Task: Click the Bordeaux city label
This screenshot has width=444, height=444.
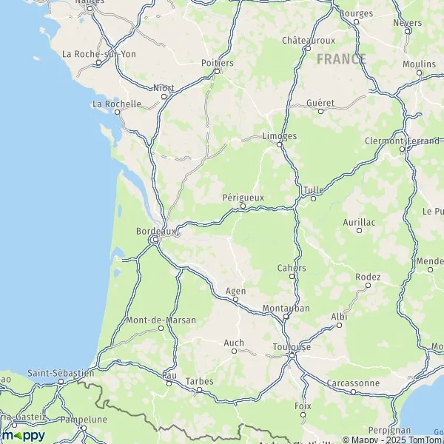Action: pos(157,231)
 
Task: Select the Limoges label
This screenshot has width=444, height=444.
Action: pos(280,136)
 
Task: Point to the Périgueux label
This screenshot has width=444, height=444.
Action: pos(243,197)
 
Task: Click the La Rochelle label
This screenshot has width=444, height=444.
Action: pos(117,104)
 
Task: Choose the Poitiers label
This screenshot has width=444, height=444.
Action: pos(218,63)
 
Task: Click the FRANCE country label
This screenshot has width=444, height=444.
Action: pos(341,59)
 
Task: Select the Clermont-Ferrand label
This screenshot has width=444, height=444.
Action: pos(402,141)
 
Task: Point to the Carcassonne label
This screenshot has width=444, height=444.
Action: pos(354,383)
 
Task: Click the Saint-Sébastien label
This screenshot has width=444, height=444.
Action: pos(61,373)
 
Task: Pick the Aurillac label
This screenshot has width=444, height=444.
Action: pos(359,221)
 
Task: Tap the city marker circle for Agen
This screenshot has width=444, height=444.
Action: pos(235,300)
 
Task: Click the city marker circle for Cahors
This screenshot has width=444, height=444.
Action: pos(292,276)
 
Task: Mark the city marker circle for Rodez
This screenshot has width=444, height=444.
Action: pos(368,286)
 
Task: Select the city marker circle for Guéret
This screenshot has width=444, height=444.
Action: pos(320,111)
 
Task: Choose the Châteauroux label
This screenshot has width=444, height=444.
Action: pos(309,40)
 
